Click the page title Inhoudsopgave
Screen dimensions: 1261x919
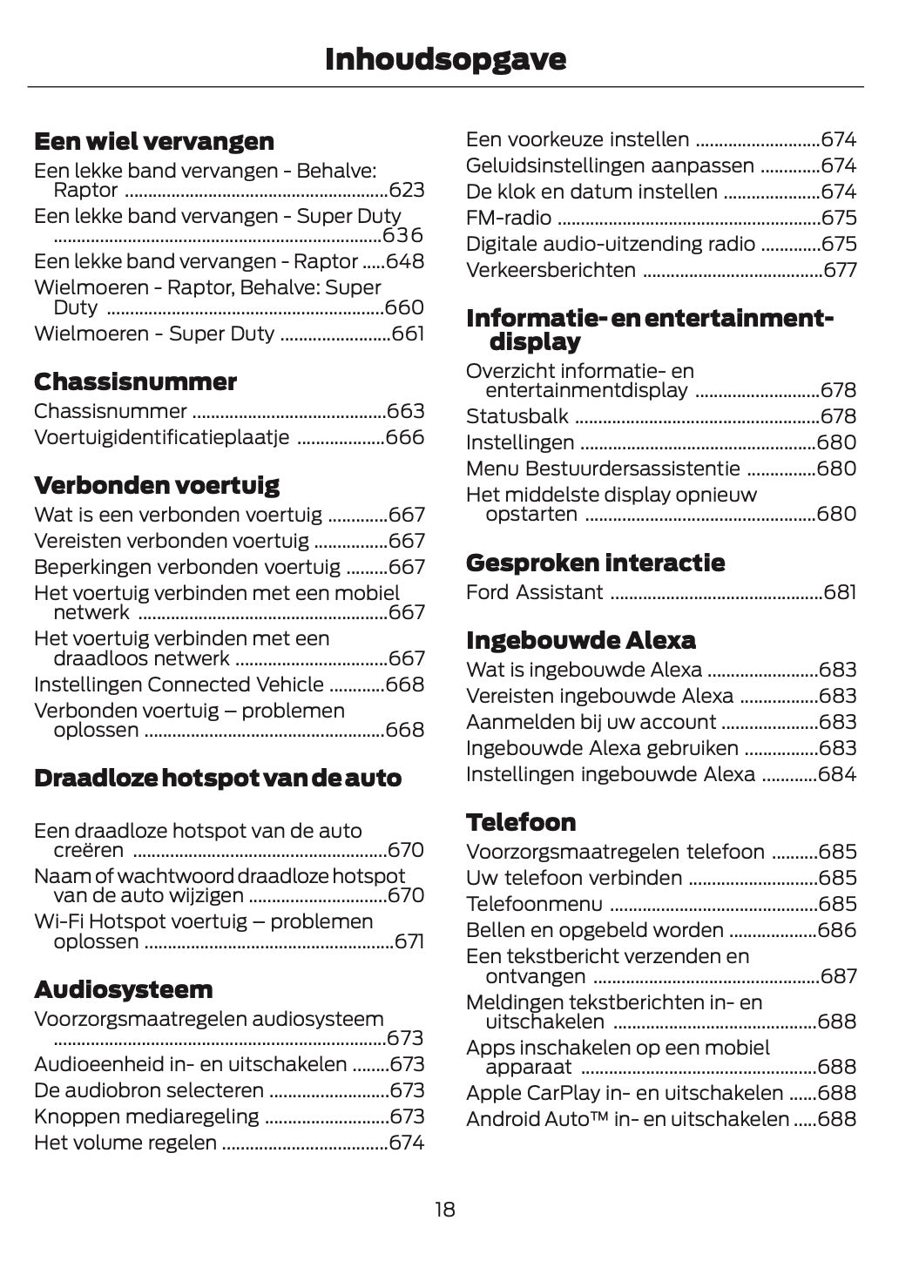point(445,59)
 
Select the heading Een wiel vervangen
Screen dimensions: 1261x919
point(153,141)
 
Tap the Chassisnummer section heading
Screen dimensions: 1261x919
point(135,381)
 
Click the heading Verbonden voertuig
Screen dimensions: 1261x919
point(157,484)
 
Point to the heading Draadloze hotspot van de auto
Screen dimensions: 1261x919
point(218,778)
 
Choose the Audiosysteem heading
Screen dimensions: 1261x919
point(123,989)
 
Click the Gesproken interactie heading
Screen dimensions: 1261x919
point(595,563)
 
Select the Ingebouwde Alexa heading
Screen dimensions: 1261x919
point(580,640)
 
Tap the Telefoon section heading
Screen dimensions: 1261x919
point(521,822)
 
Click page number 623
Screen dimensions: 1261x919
point(406,191)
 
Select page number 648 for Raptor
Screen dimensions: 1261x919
point(405,262)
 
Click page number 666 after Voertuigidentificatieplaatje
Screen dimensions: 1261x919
point(405,437)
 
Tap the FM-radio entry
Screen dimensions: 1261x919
point(509,218)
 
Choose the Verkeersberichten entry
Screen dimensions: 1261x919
point(551,270)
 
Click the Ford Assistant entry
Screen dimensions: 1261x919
point(534,593)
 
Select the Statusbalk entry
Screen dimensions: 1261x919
point(517,416)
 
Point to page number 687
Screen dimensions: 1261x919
point(838,976)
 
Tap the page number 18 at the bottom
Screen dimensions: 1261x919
point(444,1210)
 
